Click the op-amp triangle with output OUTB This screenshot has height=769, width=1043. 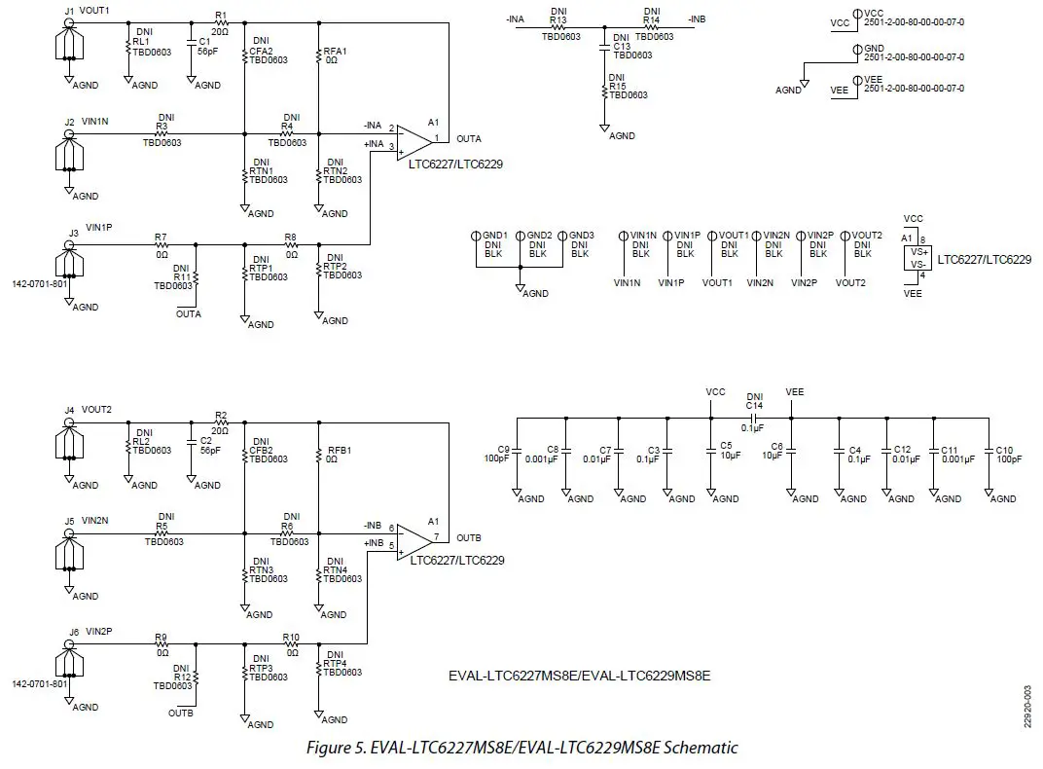pyautogui.click(x=415, y=538)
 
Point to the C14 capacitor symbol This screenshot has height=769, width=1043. pyautogui.click(x=753, y=420)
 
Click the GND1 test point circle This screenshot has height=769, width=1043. pyautogui.click(x=475, y=236)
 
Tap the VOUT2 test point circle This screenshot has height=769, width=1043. pyautogui.click(x=845, y=236)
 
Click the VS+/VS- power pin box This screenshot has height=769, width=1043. pyautogui.click(x=916, y=257)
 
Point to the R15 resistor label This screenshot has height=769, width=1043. pyautogui.click(x=616, y=85)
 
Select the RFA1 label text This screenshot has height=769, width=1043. pyautogui.click(x=335, y=51)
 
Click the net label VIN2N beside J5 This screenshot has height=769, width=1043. pyautogui.click(x=95, y=521)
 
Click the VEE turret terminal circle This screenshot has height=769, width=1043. pyautogui.click(x=855, y=79)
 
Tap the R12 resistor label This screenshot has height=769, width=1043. pyautogui.click(x=182, y=676)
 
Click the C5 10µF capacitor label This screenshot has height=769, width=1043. pyautogui.click(x=726, y=447)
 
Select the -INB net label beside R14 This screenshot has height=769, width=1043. pyautogui.click(x=697, y=18)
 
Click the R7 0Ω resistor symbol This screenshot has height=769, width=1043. pyautogui.click(x=161, y=244)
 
